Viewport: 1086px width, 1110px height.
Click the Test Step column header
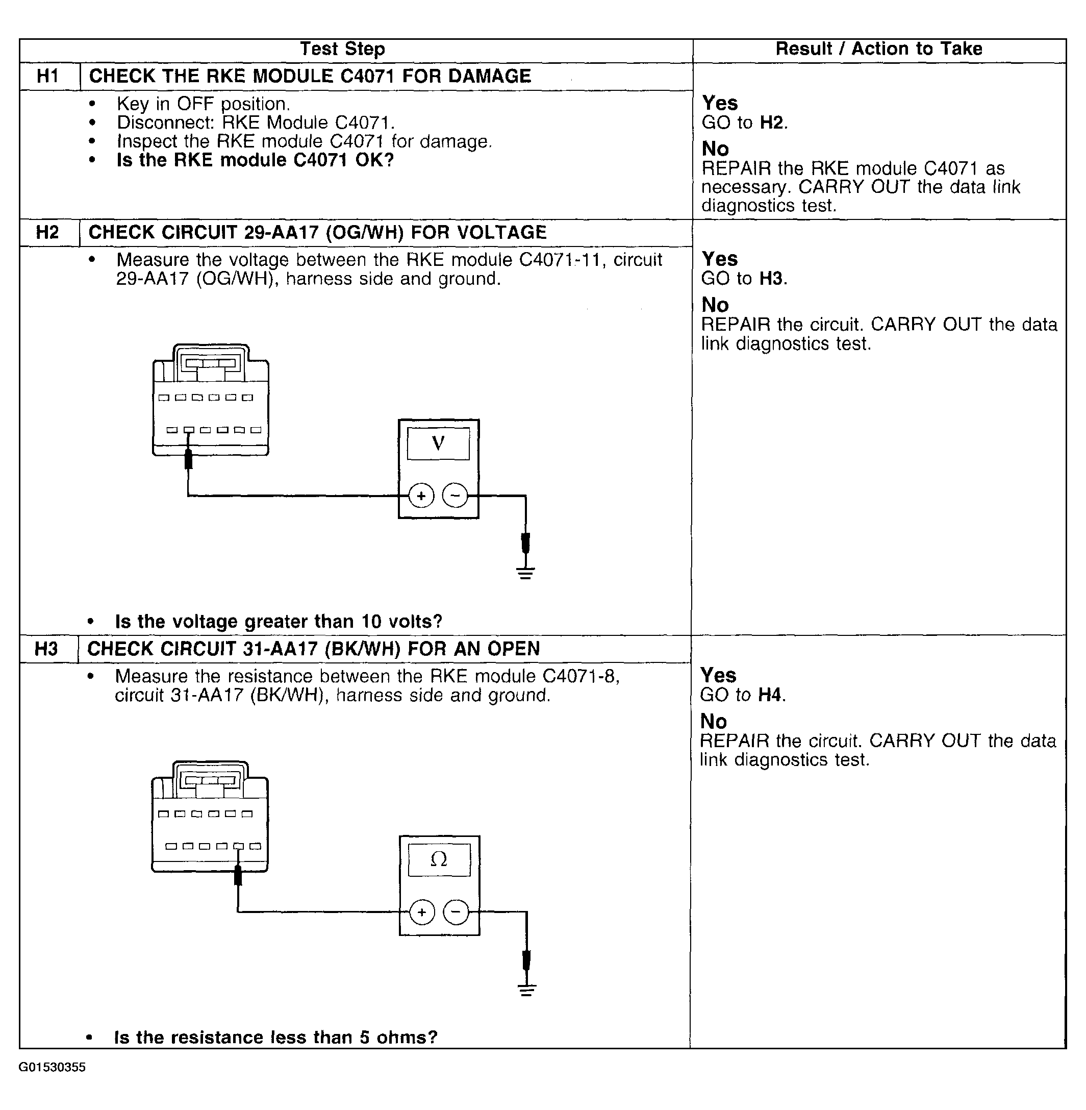click(x=342, y=49)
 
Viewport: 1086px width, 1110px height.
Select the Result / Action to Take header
click(x=878, y=49)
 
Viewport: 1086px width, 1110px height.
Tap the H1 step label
click(x=48, y=76)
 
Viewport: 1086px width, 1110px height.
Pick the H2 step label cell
click(x=47, y=232)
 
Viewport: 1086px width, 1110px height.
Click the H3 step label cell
click(x=46, y=649)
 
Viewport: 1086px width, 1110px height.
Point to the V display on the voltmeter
click(x=438, y=443)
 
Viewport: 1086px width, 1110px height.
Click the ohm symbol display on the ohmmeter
click(x=439, y=859)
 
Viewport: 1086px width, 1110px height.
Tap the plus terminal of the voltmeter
click(x=421, y=496)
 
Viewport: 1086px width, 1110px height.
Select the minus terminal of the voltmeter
click(x=454, y=496)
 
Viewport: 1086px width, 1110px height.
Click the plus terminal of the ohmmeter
click(x=422, y=912)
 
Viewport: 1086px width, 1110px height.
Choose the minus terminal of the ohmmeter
click(x=456, y=912)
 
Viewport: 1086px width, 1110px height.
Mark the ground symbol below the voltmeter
click(x=525, y=573)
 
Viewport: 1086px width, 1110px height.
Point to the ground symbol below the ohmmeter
click(x=526, y=990)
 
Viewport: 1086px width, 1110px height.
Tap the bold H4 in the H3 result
click(x=770, y=695)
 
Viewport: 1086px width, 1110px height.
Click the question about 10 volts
click(x=279, y=622)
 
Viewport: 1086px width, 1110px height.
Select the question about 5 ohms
click(x=275, y=1037)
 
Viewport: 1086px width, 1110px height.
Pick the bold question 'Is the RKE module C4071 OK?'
click(x=255, y=160)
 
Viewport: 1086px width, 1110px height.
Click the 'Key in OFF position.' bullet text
click(x=203, y=104)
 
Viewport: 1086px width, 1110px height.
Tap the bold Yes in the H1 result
click(x=719, y=103)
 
